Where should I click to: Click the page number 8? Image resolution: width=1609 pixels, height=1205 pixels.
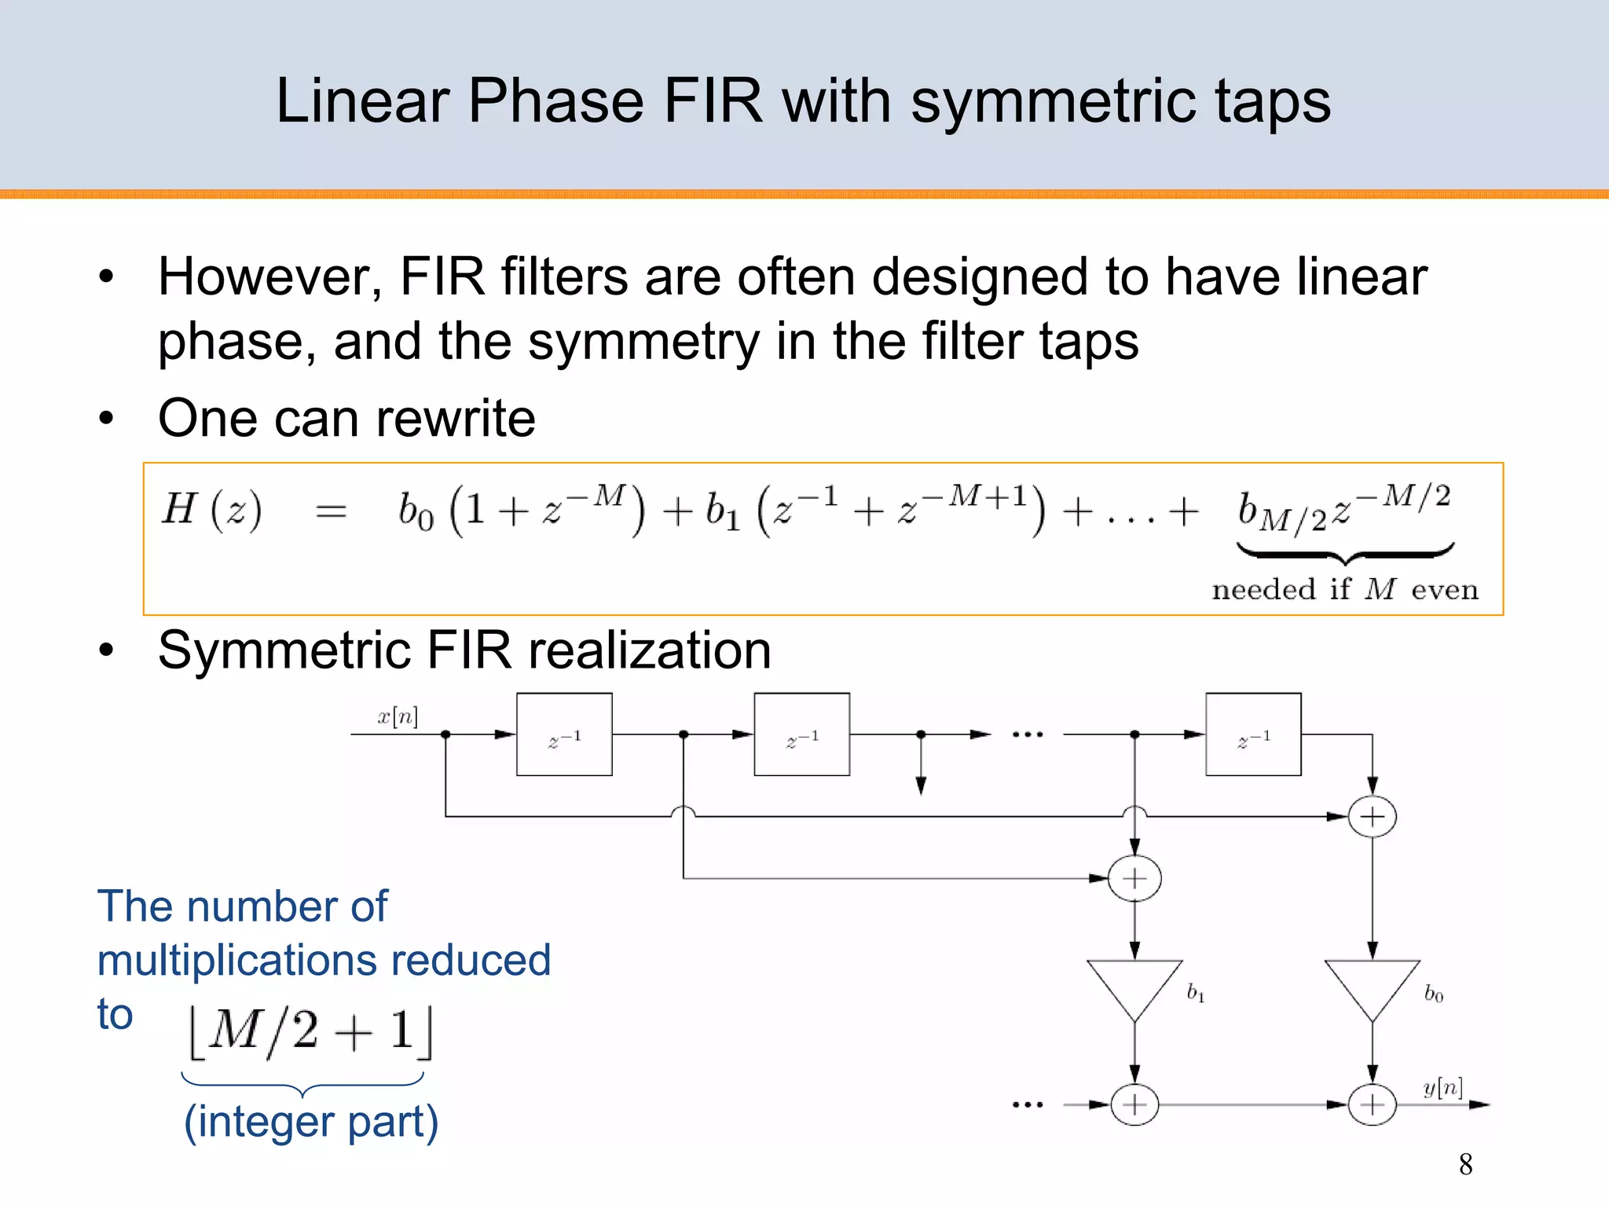[1465, 1163]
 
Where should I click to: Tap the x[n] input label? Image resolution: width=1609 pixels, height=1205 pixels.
[398, 716]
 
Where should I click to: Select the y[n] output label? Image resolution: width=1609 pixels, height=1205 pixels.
[1442, 1087]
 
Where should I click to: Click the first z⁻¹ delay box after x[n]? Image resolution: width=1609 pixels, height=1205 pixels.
[564, 734]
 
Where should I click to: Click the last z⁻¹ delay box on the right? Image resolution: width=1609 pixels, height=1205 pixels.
[1253, 734]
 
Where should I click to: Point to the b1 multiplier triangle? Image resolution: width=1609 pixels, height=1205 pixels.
[1134, 985]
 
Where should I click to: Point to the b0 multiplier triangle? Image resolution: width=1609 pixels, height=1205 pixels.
[1372, 985]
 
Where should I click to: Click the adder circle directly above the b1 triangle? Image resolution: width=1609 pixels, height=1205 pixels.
[1134, 878]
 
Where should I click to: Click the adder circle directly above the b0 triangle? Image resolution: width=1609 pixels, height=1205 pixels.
[1372, 817]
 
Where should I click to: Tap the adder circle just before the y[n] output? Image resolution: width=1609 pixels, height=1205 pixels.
[1372, 1104]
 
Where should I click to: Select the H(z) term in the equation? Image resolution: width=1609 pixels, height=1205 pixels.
[211, 509]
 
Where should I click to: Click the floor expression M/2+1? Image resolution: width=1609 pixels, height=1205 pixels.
[310, 1031]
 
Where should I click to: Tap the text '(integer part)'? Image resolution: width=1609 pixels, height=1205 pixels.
[311, 1121]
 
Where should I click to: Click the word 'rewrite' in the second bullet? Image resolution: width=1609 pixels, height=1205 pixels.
[456, 418]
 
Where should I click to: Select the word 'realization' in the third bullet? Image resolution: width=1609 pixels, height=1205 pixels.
[650, 650]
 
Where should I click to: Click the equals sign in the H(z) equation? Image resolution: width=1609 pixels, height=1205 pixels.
[331, 512]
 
